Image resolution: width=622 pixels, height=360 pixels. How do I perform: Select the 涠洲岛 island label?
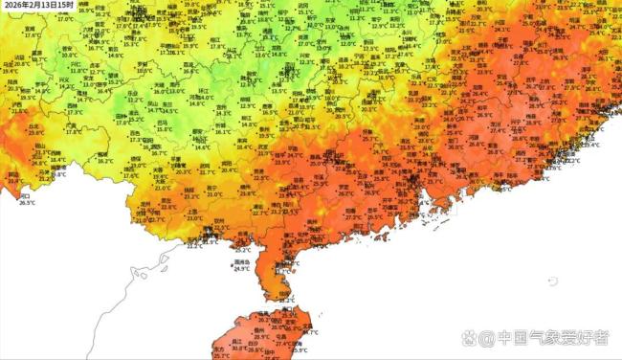(241, 261)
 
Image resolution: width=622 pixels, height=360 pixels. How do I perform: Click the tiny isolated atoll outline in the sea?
(552, 280)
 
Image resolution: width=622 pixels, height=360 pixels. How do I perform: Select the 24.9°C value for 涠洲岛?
(241, 269)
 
